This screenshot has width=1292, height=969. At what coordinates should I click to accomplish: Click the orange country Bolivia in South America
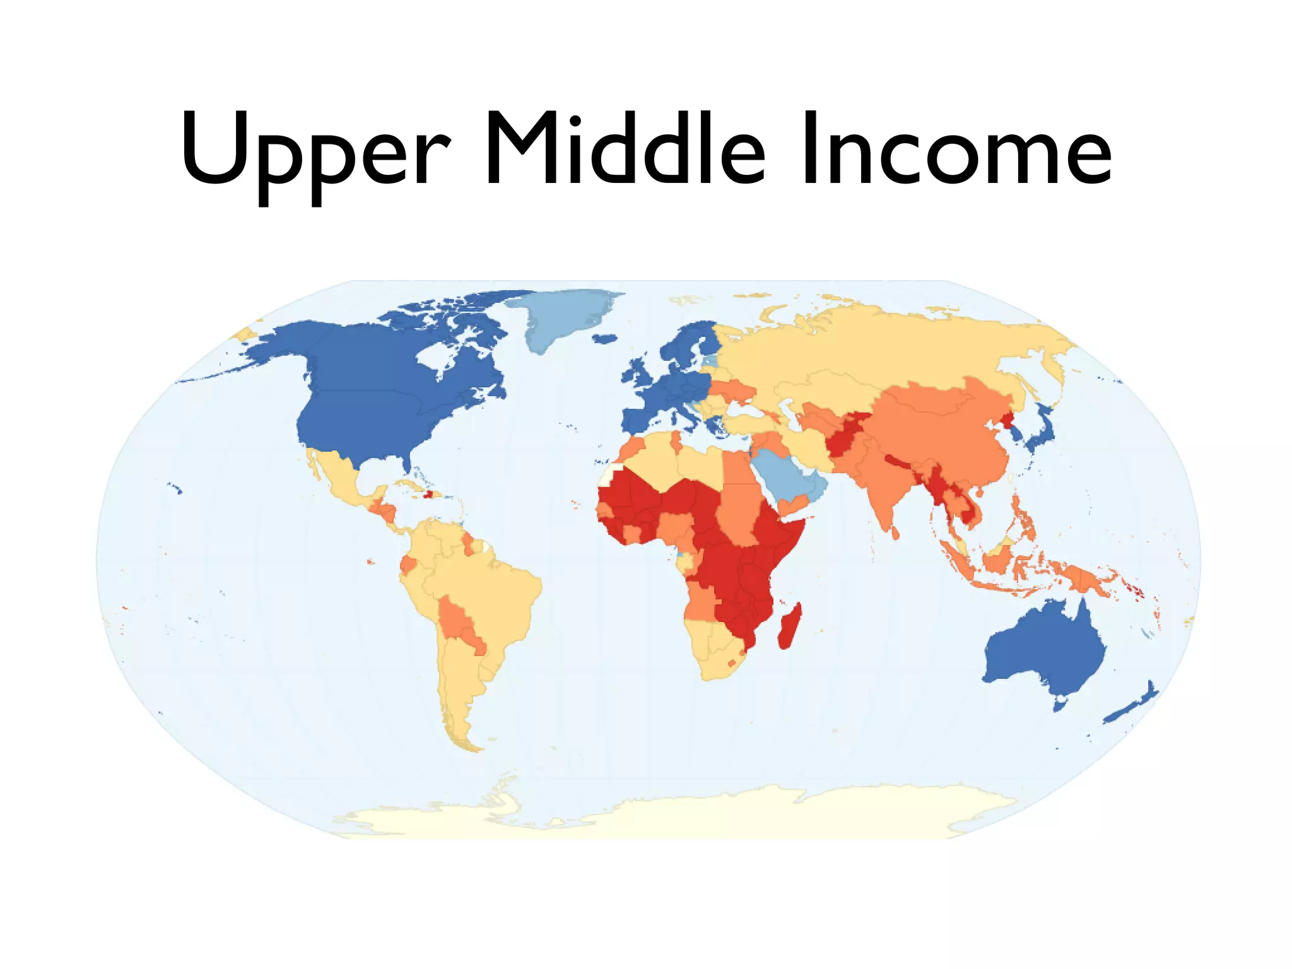tap(457, 621)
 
